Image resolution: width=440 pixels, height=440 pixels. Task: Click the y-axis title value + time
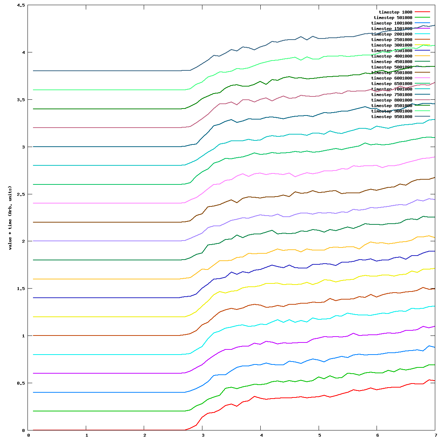pos(10,218)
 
